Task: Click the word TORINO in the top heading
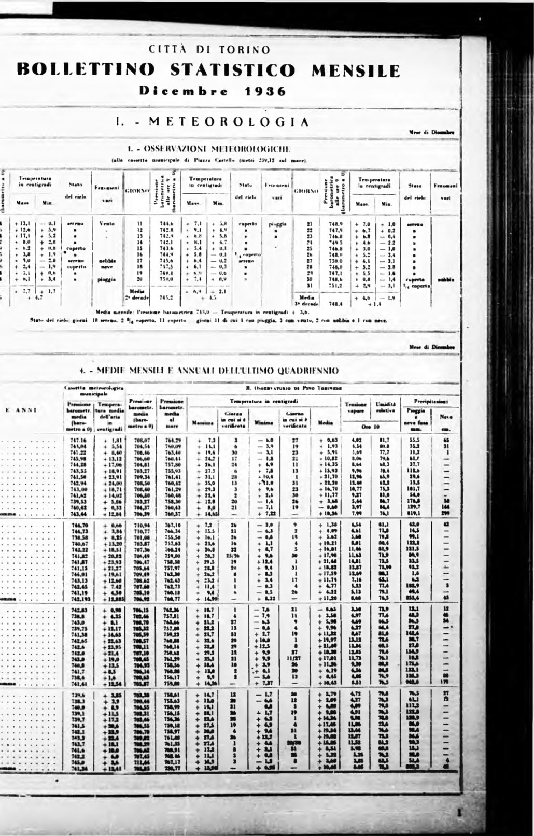(244, 50)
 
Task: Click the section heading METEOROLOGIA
(229, 122)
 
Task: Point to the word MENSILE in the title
(356, 70)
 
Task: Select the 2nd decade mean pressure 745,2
(166, 298)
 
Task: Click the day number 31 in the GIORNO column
(309, 285)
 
